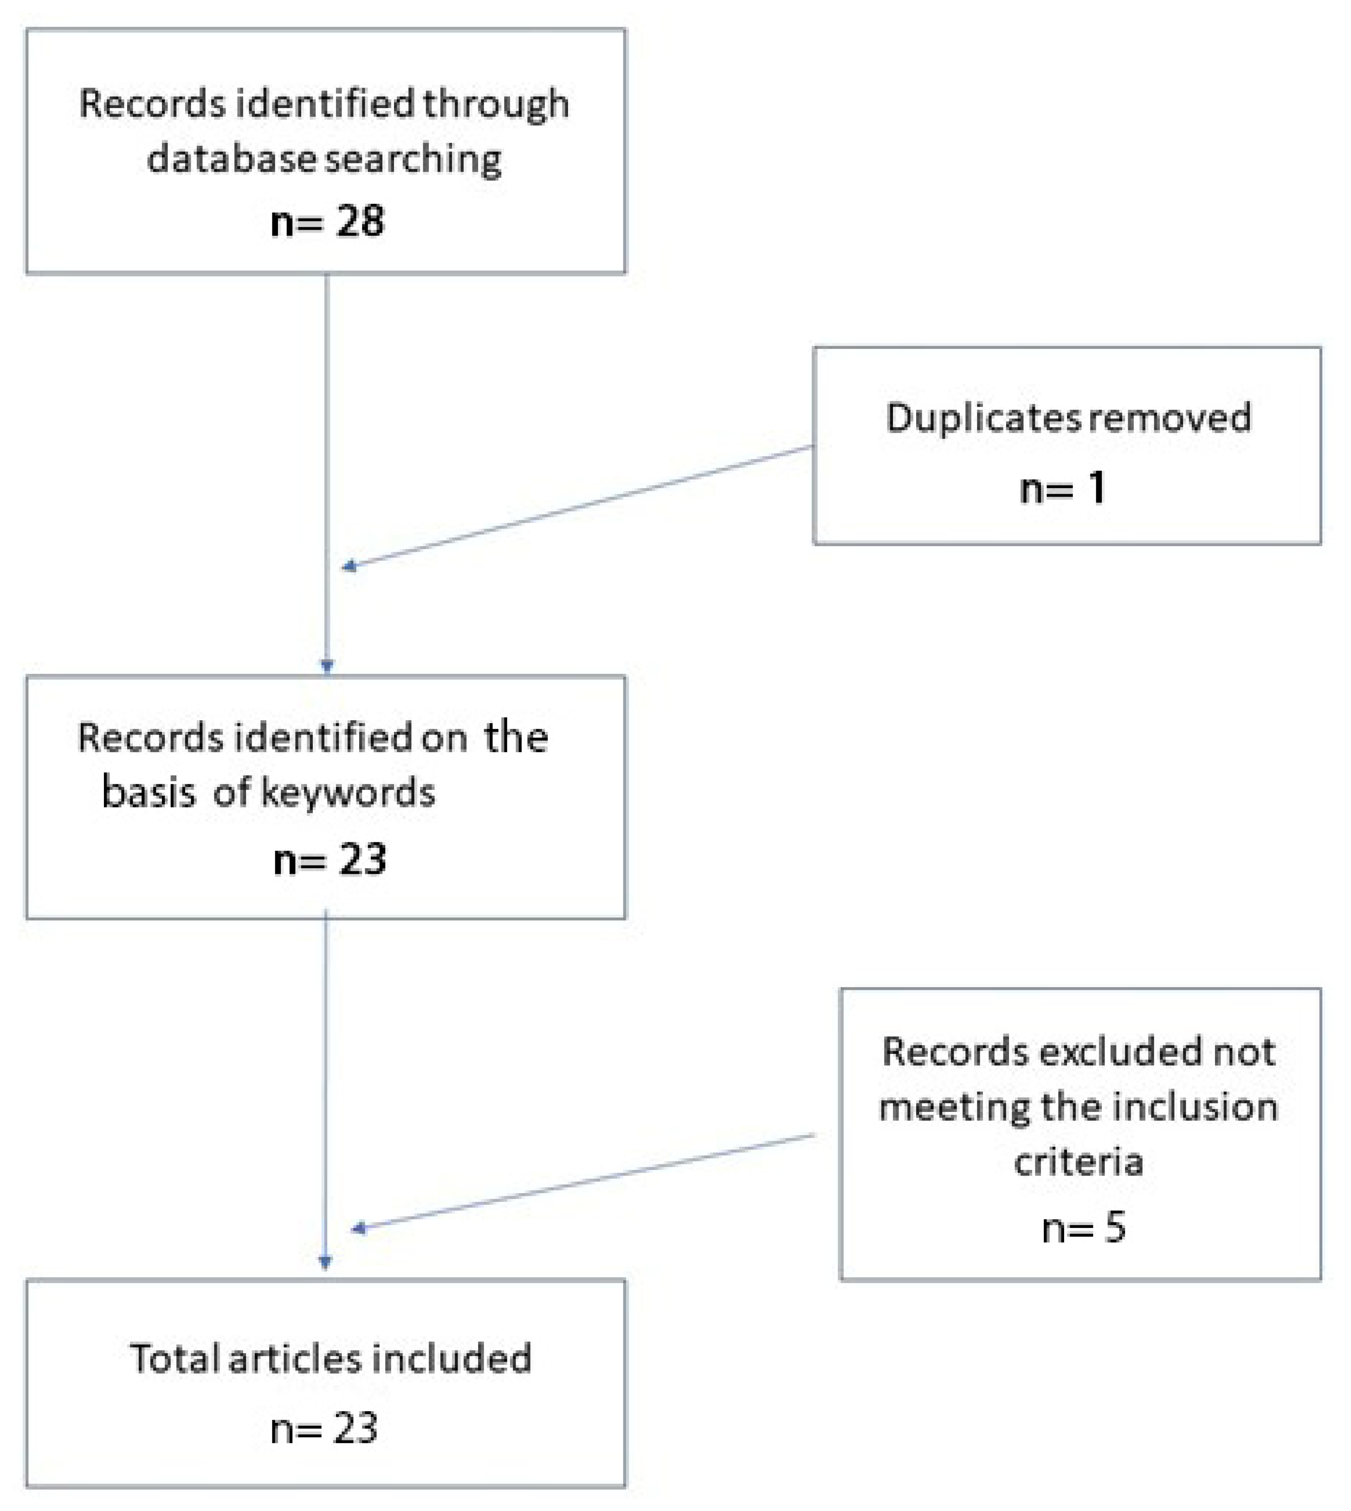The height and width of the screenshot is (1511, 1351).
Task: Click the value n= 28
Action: (327, 221)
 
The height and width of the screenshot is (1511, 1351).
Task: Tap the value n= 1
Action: (1062, 489)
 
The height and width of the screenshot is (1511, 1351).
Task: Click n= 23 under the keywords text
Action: (330, 860)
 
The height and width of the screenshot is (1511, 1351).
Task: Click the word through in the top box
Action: (495, 104)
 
